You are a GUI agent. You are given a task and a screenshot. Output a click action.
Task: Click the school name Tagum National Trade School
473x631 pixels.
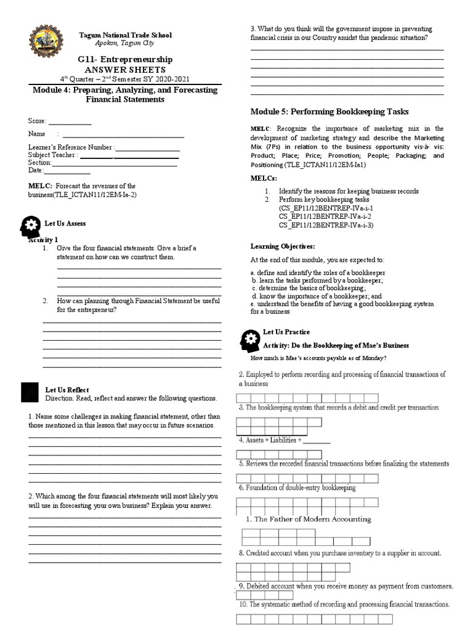[125, 35]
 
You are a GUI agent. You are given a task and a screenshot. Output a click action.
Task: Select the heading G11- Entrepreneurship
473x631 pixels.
[125, 59]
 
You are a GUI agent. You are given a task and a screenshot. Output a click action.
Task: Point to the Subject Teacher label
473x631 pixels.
[53, 155]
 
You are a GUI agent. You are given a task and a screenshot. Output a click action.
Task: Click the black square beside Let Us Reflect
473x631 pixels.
[30, 392]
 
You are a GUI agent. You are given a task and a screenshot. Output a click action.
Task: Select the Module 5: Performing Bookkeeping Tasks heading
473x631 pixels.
[329, 112]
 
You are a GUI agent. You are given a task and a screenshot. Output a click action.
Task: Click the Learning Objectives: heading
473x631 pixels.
[283, 246]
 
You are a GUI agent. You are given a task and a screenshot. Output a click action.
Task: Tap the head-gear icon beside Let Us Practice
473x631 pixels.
[250, 340]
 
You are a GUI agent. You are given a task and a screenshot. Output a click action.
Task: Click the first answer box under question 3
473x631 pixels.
[244, 422]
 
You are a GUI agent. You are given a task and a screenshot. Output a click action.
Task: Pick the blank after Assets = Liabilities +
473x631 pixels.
[317, 441]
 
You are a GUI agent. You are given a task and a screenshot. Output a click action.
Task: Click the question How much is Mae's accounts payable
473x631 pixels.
[318, 358]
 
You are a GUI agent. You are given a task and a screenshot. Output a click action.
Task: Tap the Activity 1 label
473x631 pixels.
[43, 239]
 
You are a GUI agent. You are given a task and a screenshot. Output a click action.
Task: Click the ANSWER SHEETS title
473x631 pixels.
[125, 70]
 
